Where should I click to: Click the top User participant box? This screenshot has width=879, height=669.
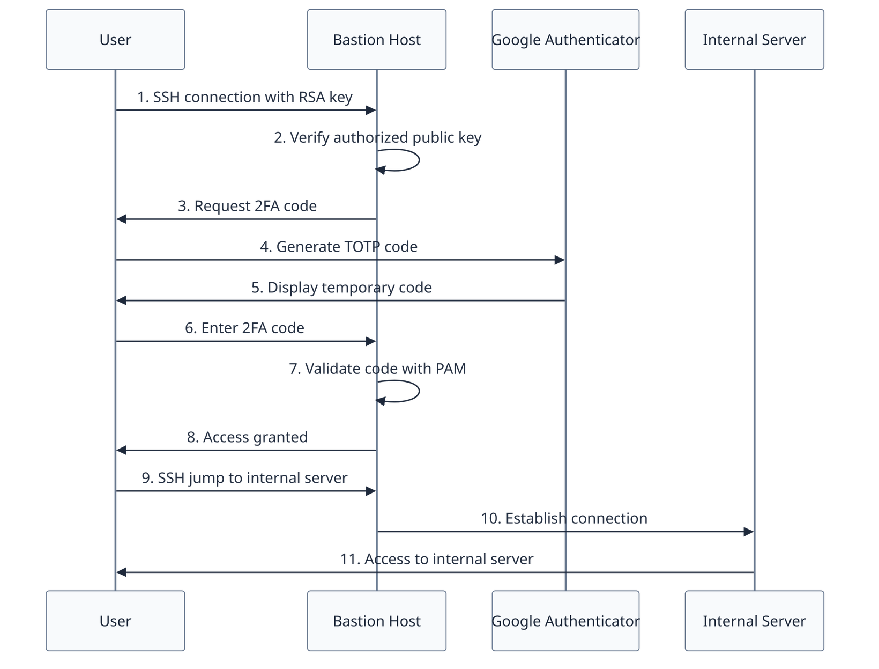(115, 39)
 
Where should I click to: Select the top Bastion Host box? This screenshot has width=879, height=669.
(376, 39)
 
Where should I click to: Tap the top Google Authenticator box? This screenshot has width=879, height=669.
(565, 39)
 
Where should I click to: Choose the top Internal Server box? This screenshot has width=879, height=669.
(754, 39)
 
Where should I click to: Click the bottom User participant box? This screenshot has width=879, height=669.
(115, 621)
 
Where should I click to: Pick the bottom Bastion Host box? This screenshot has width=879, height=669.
(376, 621)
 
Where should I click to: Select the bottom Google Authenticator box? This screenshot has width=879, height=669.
(565, 621)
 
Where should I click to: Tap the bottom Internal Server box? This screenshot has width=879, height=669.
(754, 621)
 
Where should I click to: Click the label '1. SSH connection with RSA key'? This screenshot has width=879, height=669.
(245, 97)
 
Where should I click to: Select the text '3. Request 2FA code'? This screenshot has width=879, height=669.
(247, 206)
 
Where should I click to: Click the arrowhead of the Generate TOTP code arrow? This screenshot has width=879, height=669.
(559, 260)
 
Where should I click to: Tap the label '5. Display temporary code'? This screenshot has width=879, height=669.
(341, 288)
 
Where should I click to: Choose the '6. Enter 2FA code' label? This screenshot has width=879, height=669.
(244, 328)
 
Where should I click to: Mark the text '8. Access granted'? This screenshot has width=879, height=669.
(247, 437)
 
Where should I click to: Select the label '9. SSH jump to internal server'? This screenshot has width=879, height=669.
(244, 478)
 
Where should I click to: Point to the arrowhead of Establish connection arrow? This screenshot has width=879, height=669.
(748, 532)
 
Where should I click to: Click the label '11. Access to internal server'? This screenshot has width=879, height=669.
(436, 559)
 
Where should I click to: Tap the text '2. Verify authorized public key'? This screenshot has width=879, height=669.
(377, 138)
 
